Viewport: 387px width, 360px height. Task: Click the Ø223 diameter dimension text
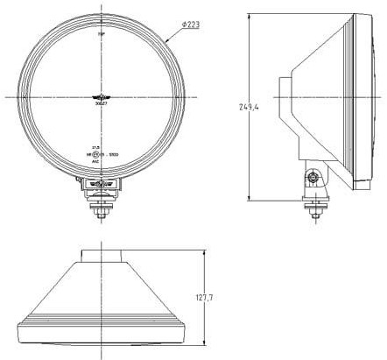(191, 25)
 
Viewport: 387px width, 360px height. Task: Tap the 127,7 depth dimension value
(204, 298)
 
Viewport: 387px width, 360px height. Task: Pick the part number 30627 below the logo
(103, 104)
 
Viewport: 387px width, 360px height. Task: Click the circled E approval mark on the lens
(99, 154)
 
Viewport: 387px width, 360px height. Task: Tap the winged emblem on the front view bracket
(103, 183)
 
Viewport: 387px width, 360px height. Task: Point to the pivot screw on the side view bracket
(313, 178)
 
